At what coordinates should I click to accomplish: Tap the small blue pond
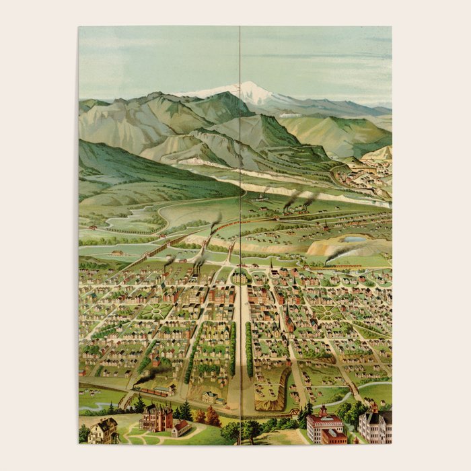(x=354, y=239)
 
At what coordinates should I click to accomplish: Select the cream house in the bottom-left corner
(x=103, y=431)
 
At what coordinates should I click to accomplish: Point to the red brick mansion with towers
(x=156, y=418)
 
